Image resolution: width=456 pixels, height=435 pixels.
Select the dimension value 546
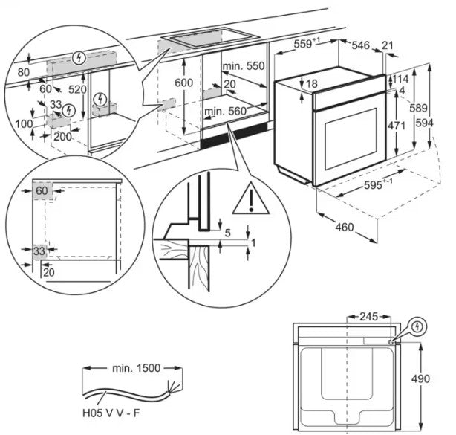pos(360,46)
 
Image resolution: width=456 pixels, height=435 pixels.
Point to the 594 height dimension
pos(445,123)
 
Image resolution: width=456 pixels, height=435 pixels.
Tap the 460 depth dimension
pos(343,227)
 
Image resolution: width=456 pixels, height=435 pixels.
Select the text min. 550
pos(244,66)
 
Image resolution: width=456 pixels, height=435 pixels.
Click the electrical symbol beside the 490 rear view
pos(418,326)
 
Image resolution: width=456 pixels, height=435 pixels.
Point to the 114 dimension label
pos(401,79)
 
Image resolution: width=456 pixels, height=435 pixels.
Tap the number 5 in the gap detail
pos(227,233)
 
